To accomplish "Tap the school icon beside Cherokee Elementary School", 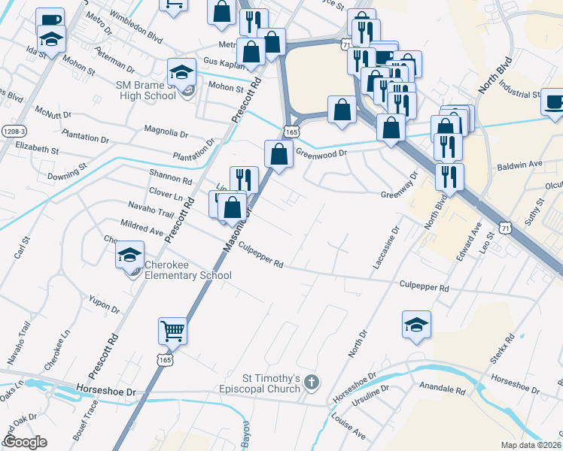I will [130, 256].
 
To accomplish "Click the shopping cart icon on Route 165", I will [172, 329].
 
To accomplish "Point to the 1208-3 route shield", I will [13, 130].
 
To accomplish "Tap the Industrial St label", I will [519, 95].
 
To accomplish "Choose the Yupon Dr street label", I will [105, 304].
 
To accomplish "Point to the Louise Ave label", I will [348, 429].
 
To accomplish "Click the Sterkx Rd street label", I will [501, 349].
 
